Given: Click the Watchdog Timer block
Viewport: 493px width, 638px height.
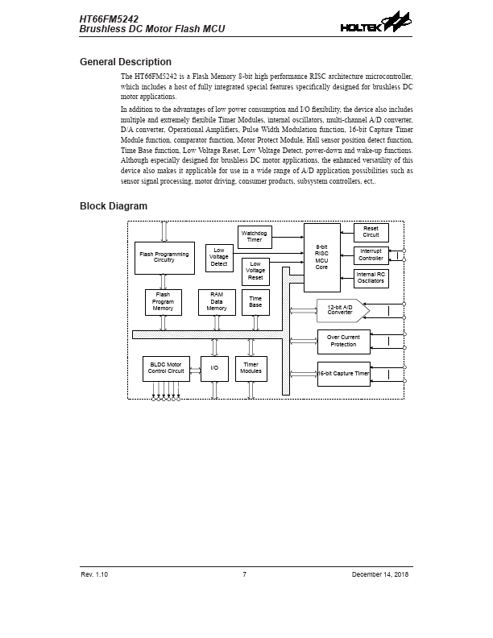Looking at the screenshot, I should coord(255,236).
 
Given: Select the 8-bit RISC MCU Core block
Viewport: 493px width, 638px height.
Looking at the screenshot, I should coord(321,257).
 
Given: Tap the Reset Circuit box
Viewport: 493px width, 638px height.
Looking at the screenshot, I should coord(371,232).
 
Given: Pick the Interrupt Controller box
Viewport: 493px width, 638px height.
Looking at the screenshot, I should coord(371,255).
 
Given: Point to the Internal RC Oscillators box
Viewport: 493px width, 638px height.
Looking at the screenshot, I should coord(371,278).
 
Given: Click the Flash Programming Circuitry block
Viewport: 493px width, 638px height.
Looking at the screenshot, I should coord(164,257).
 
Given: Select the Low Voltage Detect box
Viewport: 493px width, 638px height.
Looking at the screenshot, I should coord(219,257).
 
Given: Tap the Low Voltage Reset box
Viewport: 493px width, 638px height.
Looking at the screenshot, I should coord(255,271).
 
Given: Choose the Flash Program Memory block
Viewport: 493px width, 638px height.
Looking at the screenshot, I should coord(163,302).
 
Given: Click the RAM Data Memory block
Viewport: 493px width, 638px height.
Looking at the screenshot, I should coord(216,302).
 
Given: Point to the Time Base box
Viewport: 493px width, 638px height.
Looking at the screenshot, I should coord(255,302).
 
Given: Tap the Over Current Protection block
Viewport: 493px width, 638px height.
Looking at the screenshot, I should coord(343,341).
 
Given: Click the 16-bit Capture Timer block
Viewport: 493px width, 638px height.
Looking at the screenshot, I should coord(343,374).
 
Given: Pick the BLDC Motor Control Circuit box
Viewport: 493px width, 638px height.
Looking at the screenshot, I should coord(166,368).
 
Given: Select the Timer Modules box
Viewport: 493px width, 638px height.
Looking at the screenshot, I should coord(251,368).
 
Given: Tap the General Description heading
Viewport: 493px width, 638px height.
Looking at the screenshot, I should coord(125,62).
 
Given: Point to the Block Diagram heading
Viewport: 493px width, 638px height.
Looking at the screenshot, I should coord(113,206).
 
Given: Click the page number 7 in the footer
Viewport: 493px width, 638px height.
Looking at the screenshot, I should coord(244,574).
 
